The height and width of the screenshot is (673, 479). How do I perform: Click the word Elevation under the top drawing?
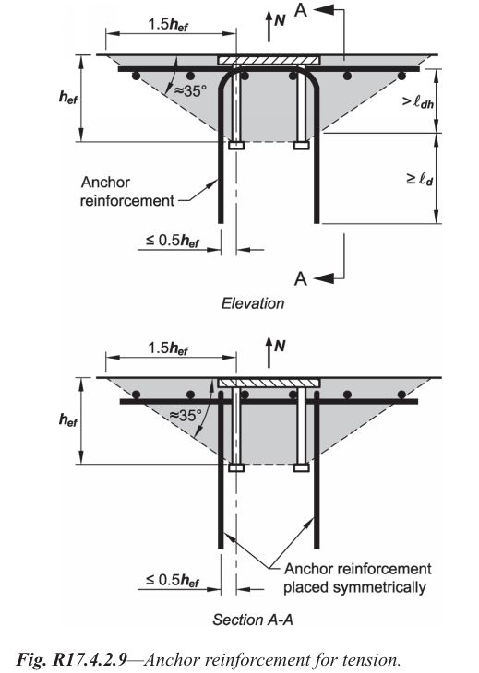click(x=253, y=303)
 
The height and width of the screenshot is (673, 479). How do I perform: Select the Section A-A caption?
click(x=253, y=620)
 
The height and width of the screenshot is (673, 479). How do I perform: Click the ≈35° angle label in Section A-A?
click(x=186, y=415)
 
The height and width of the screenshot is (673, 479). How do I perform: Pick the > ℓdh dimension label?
click(x=417, y=101)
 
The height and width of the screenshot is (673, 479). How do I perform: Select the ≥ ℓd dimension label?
click(x=419, y=179)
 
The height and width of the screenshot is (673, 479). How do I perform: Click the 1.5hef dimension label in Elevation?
click(x=168, y=24)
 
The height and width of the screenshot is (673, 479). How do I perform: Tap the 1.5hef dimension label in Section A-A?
click(x=168, y=348)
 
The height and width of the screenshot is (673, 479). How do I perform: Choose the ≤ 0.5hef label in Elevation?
click(x=173, y=241)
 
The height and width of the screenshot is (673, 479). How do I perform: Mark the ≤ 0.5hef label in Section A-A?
click(x=173, y=580)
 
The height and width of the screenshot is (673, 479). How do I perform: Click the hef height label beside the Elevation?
click(x=68, y=98)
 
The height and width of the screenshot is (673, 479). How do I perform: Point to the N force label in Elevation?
click(x=280, y=19)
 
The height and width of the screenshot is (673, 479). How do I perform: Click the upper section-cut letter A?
click(x=301, y=9)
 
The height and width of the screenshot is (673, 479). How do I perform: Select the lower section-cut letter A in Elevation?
click(x=301, y=278)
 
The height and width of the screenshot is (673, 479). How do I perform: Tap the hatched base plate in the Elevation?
click(x=269, y=60)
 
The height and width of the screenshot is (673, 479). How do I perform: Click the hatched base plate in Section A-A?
click(x=269, y=384)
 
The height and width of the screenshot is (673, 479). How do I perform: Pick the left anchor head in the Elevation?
click(x=236, y=146)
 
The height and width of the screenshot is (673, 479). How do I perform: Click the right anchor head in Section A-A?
click(x=302, y=467)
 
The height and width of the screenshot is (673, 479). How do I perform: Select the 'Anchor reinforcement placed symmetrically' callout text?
click(x=357, y=578)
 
